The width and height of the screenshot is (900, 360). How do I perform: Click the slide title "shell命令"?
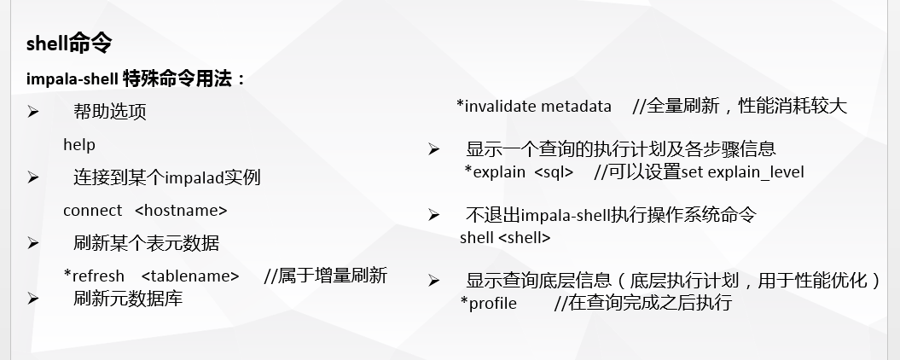69,43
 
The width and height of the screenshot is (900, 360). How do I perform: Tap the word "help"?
79,145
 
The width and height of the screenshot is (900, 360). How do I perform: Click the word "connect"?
92,211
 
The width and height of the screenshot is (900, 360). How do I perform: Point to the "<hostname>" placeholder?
182,211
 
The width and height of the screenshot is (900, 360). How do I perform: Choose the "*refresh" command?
94,276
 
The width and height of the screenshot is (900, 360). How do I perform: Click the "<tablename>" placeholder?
190,276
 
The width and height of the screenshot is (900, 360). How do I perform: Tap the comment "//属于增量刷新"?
326,276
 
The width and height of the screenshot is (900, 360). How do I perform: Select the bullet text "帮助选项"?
110,112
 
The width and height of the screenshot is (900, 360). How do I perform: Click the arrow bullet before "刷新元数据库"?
32,299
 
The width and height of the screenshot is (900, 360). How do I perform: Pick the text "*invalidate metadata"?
534,107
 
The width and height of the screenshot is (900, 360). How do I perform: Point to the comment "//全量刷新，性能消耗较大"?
740,107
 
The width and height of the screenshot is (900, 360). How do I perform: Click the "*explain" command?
495,172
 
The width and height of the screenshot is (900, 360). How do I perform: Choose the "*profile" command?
489,303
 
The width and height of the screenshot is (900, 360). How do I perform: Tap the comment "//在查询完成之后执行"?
643,303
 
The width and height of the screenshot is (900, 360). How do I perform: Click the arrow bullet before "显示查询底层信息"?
434,281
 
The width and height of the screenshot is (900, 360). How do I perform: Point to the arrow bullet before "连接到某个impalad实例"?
32,177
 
